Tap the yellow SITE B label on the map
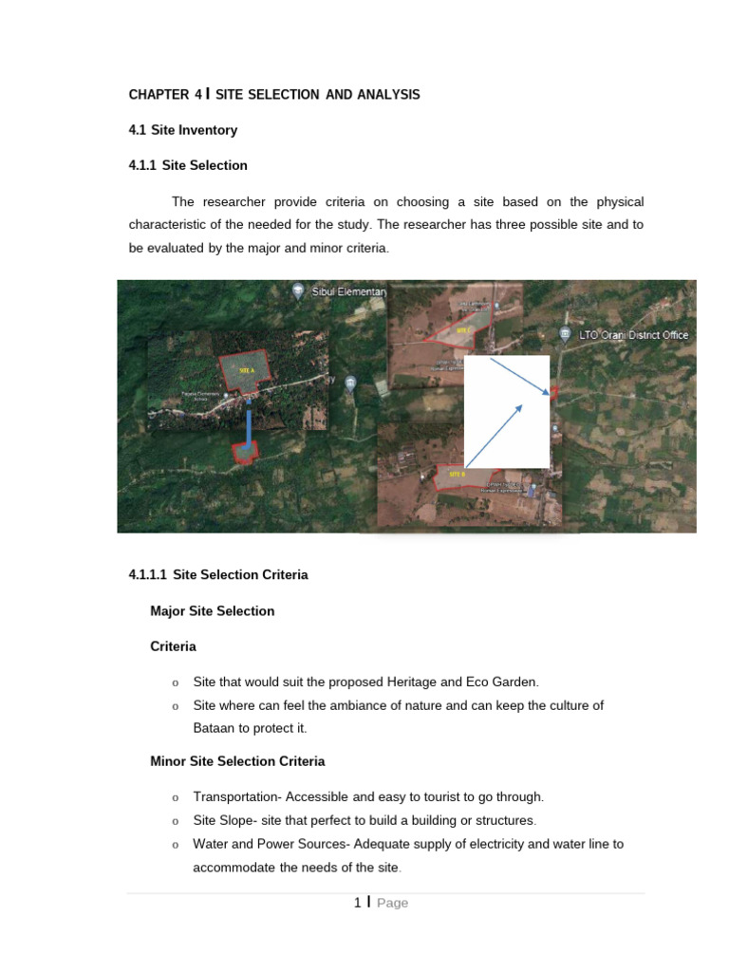[x=457, y=473]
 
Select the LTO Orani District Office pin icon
[x=565, y=335]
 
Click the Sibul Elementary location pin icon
[x=299, y=292]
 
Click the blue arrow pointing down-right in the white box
[x=519, y=376]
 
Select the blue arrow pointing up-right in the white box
[x=495, y=436]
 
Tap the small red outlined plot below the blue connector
[x=246, y=453]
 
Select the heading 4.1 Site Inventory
[x=182, y=130]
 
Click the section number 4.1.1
[x=142, y=165]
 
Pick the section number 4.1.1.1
[x=147, y=575]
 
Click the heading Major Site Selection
[x=212, y=611]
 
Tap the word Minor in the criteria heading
[x=168, y=761]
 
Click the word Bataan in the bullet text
[x=215, y=728]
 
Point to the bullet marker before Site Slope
[x=176, y=821]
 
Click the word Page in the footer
[x=392, y=903]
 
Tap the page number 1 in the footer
[x=357, y=903]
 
